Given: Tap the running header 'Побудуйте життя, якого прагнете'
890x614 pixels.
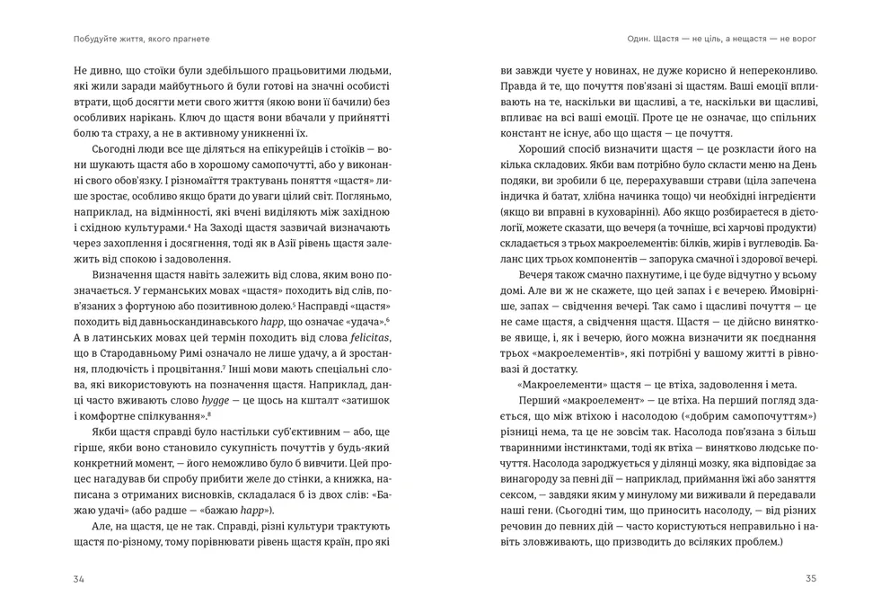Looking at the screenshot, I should coord(149,39).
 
